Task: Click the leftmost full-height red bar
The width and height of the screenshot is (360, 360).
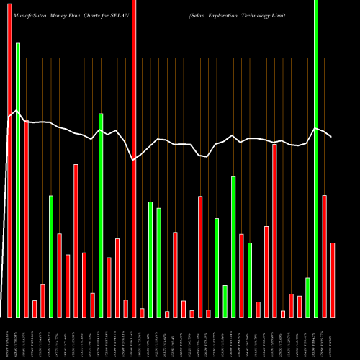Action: [x=9, y=158]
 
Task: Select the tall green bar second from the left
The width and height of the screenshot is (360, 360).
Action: [x=18, y=180]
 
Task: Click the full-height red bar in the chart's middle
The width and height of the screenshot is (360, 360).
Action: [x=134, y=158]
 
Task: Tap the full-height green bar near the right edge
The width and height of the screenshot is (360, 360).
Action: [x=316, y=158]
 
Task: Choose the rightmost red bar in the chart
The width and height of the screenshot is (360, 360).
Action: [x=333, y=280]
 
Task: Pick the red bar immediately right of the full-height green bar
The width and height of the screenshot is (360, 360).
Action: [x=325, y=256]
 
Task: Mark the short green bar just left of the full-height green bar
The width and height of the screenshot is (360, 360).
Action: [x=307, y=297]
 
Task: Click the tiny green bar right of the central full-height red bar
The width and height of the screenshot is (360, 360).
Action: [x=142, y=312]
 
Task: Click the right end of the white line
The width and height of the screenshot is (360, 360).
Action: [x=331, y=137]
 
